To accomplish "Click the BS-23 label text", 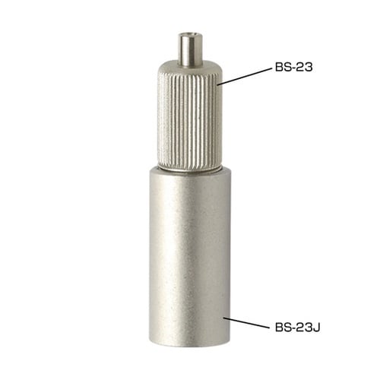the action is (x=293, y=67).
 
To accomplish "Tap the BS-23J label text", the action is (x=298, y=328).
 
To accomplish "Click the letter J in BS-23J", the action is (x=317, y=328).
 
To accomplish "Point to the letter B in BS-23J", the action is (x=279, y=328).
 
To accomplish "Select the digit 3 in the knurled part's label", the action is (x=309, y=67).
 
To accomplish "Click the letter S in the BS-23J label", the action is (x=287, y=328).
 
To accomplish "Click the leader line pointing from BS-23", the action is (x=245, y=76).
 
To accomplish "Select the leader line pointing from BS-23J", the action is (x=246, y=322).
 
